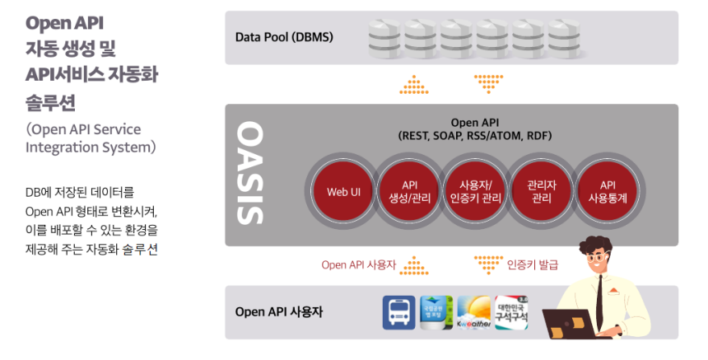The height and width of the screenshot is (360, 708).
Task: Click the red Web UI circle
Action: [x=343, y=191]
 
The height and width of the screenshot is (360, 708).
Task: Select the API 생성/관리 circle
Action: [x=410, y=191]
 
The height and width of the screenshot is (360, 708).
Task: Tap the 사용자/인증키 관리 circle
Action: [x=475, y=191]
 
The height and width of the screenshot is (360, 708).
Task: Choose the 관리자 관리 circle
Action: [x=541, y=191]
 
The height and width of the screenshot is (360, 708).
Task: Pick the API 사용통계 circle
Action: [x=608, y=191]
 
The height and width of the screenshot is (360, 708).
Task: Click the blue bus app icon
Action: [x=398, y=313]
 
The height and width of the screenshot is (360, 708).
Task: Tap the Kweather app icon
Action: [x=474, y=313]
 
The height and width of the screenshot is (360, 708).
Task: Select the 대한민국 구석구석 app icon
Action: [x=511, y=313]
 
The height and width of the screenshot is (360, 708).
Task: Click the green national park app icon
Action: [x=436, y=313]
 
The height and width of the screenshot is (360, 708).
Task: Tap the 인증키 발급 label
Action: [x=533, y=264]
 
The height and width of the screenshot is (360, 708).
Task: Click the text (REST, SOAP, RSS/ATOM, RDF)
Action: [x=474, y=135]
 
